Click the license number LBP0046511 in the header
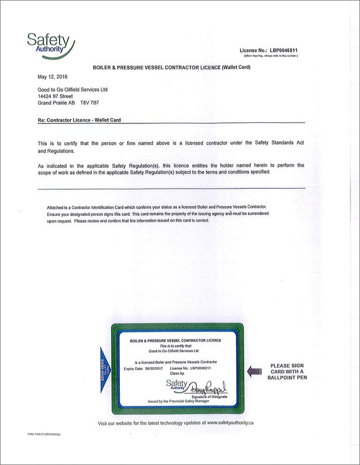coord(284,50)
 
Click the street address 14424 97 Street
coord(56,96)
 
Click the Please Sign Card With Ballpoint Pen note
coord(287,371)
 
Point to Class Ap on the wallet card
coord(177,374)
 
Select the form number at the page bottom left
coord(45,434)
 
